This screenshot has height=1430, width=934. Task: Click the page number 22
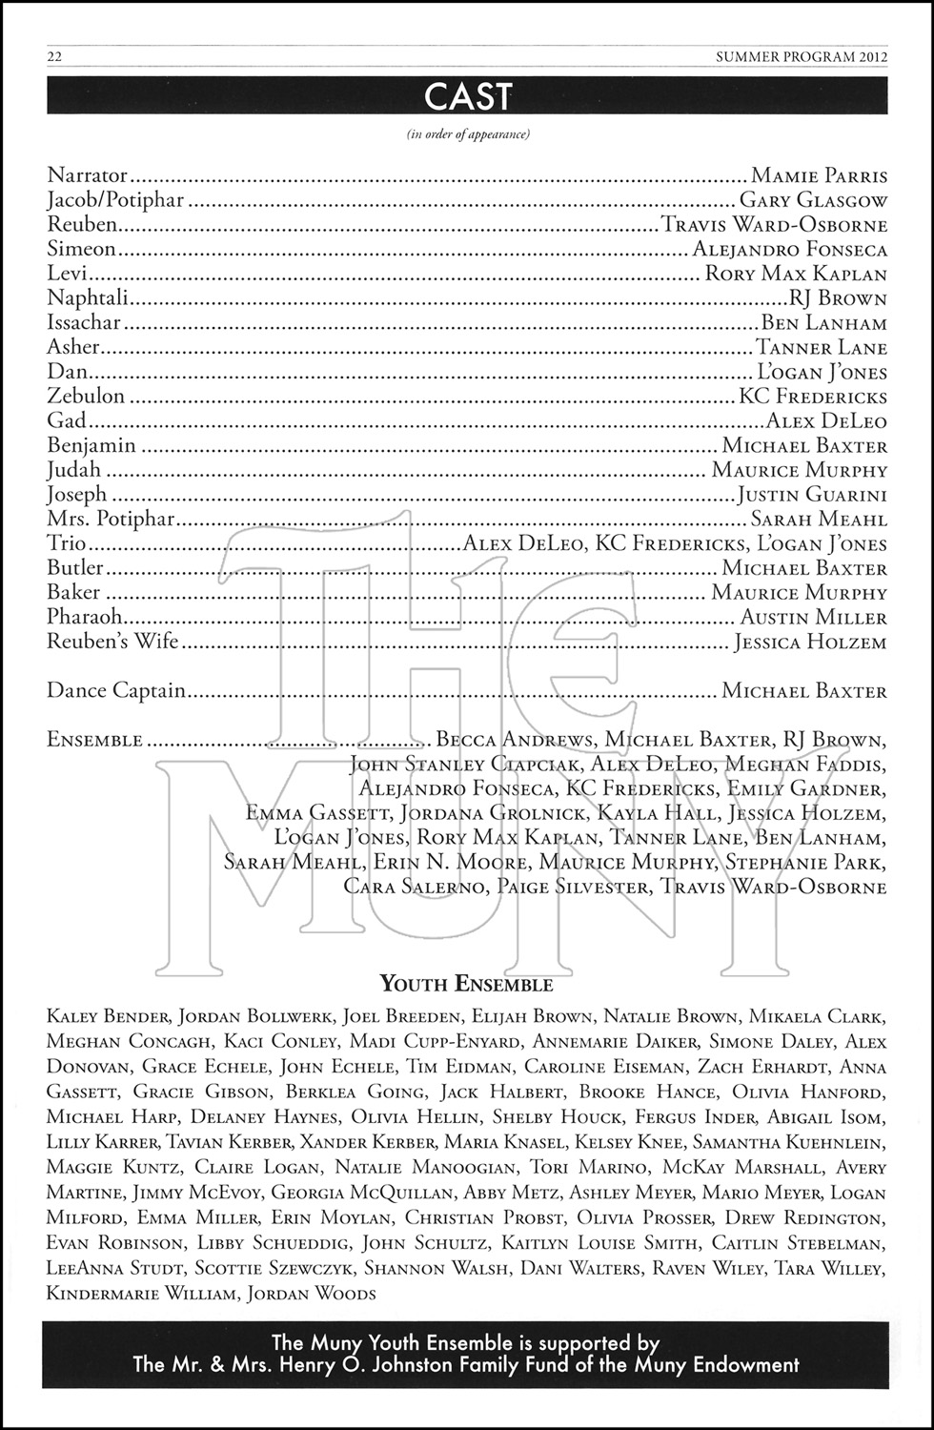click(54, 57)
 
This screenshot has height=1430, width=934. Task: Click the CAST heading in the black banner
click(467, 96)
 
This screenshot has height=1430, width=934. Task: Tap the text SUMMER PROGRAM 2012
click(802, 57)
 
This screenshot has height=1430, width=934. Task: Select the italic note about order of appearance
click(468, 133)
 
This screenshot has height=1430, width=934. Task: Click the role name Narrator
click(87, 175)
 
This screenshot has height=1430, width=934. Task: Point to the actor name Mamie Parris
click(819, 176)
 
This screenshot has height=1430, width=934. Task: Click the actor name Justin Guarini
click(812, 495)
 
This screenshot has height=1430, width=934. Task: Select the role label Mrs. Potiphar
click(112, 520)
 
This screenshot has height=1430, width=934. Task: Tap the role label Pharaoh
click(85, 617)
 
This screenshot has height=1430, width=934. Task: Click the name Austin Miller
click(813, 618)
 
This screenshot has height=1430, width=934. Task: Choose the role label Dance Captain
click(116, 690)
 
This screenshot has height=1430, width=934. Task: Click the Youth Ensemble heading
click(467, 984)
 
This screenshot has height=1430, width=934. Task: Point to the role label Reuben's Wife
click(112, 642)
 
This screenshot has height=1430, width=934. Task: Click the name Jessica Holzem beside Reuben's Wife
click(810, 643)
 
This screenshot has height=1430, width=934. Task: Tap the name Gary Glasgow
click(813, 201)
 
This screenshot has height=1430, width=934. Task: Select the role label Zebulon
click(86, 397)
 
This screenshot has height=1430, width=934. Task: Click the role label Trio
click(67, 543)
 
